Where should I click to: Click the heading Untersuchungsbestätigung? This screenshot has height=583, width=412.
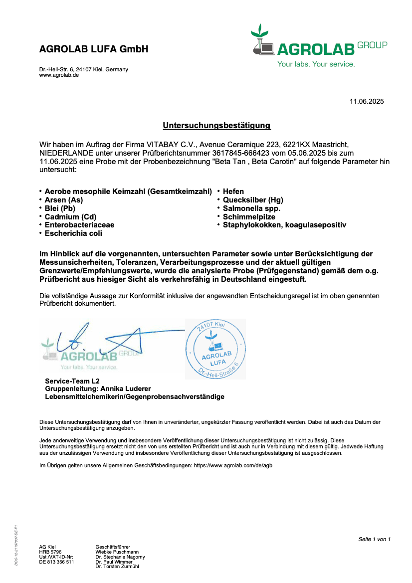(x=216, y=125)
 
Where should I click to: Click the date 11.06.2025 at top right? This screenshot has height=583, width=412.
(x=367, y=102)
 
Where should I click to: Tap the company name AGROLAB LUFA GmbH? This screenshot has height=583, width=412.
(x=94, y=49)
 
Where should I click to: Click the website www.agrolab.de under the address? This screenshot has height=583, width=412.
(x=59, y=75)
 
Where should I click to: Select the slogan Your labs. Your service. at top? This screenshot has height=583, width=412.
(x=316, y=64)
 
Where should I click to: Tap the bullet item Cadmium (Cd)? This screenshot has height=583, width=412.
(x=70, y=217)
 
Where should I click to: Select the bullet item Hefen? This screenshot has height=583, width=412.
(x=233, y=192)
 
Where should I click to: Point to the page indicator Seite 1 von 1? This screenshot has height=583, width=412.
(x=374, y=539)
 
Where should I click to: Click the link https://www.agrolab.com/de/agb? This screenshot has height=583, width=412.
(x=233, y=465)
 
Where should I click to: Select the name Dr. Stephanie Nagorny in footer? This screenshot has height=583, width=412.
(x=120, y=557)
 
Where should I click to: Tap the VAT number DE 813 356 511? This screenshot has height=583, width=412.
(x=56, y=562)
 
